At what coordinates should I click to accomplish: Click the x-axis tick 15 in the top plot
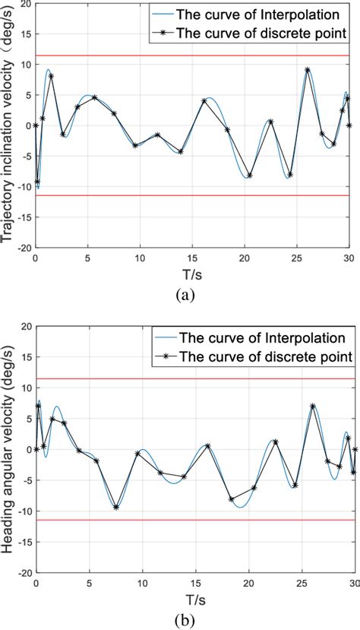tap(191, 258)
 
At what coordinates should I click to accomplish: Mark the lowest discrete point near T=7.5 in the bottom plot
tap(116, 507)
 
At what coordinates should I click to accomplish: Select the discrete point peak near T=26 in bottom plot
tap(312, 406)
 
